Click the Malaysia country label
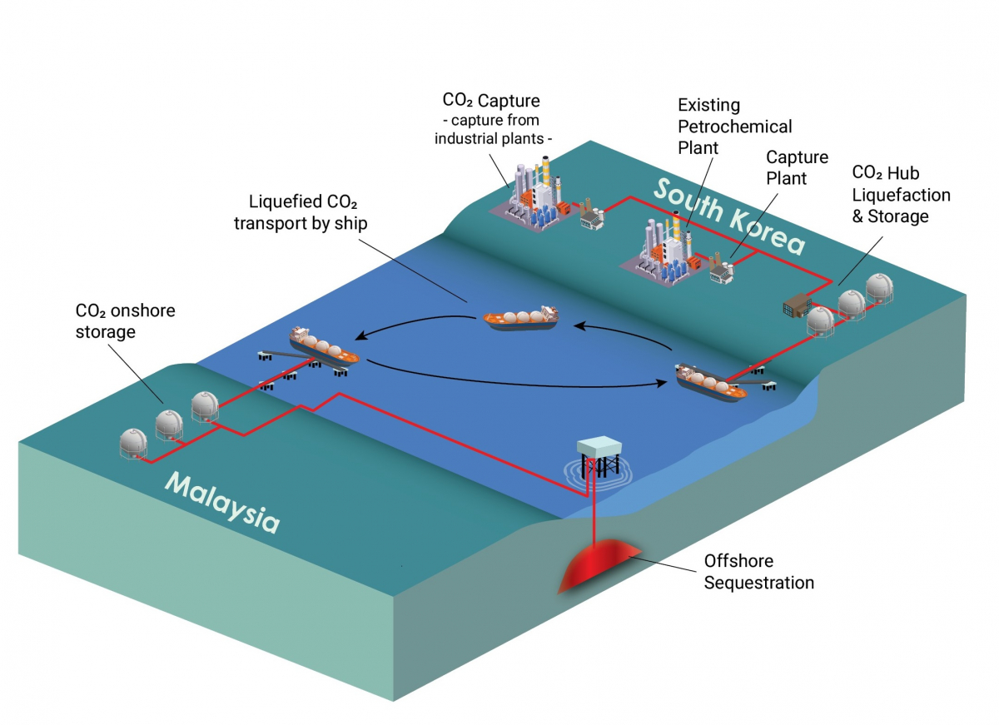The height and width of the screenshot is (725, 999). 221,501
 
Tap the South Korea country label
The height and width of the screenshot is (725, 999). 729,216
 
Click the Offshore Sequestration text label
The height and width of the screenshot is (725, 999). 758,571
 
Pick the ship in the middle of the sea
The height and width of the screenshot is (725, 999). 522,319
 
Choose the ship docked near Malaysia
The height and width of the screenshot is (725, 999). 324,345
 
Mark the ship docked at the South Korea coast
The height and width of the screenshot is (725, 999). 712,383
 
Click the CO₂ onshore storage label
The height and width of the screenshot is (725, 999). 125,321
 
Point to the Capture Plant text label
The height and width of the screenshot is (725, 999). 797,167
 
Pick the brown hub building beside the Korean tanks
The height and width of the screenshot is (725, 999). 797,306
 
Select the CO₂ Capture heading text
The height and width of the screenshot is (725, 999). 491,102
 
